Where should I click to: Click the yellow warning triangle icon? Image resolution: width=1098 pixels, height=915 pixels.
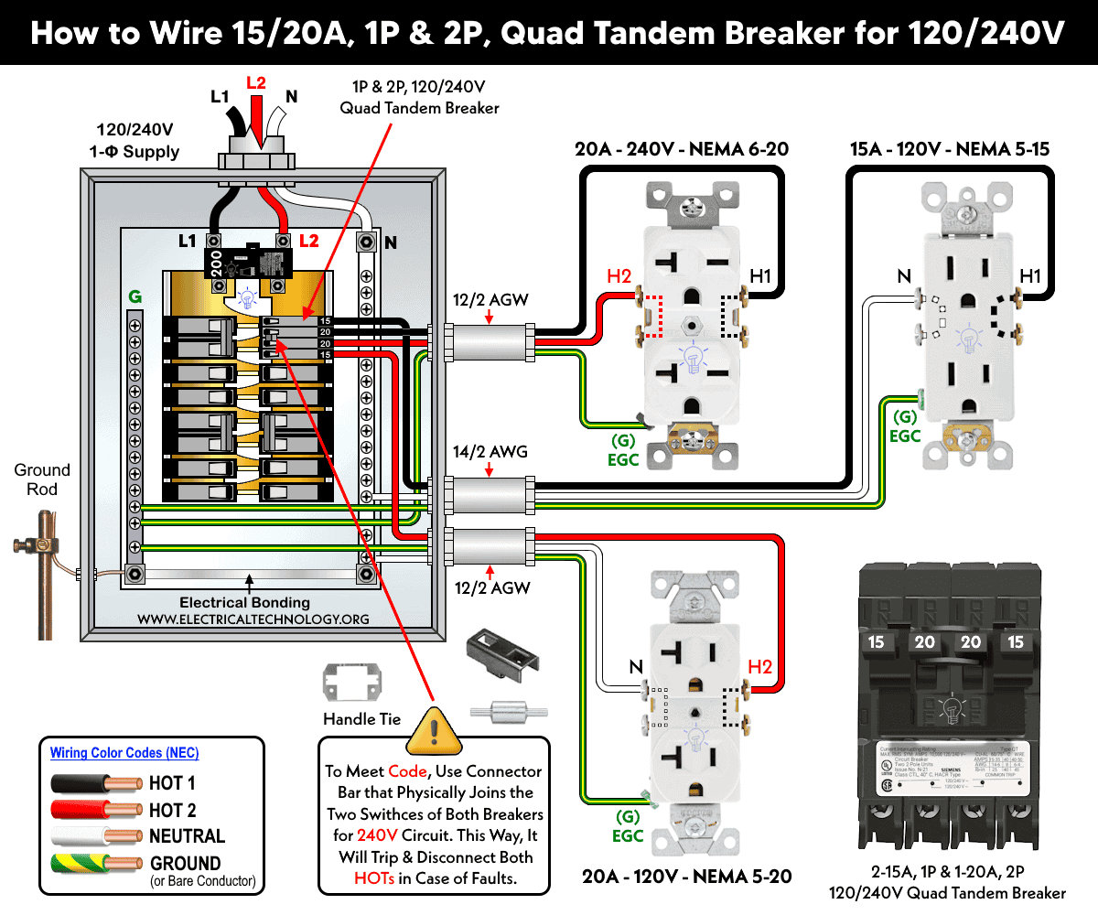[x=435, y=727]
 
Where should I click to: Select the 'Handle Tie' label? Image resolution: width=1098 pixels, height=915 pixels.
[x=362, y=719]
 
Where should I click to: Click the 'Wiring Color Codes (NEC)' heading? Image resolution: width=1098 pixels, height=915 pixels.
[x=124, y=753]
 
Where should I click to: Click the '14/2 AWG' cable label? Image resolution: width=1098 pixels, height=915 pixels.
[x=490, y=452]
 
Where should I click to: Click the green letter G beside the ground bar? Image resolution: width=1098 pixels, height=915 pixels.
[x=135, y=297]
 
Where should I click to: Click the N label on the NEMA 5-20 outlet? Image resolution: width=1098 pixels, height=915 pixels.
[x=635, y=668]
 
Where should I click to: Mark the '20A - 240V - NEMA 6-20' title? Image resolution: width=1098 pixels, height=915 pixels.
[x=682, y=150]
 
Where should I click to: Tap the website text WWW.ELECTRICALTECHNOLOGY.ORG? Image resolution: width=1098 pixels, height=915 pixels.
[x=253, y=619]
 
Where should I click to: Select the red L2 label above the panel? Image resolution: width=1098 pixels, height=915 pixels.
[x=256, y=82]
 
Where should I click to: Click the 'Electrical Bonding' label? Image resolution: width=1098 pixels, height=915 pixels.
[x=244, y=603]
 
